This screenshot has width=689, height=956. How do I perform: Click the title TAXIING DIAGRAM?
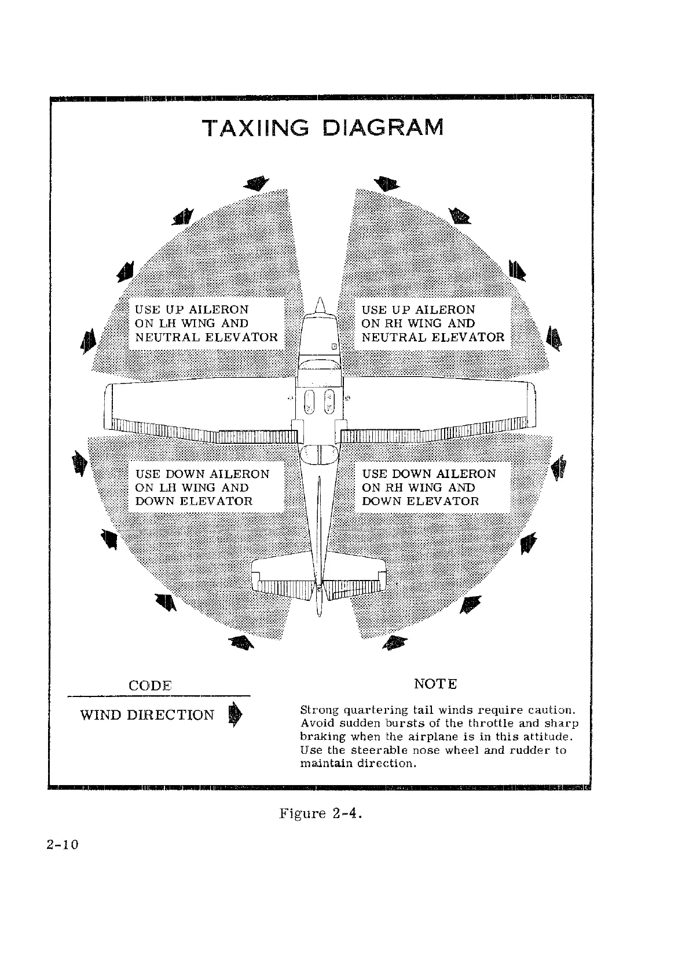(x=322, y=127)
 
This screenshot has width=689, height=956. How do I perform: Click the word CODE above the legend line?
(x=150, y=685)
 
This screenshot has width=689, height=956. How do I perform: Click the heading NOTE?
(x=436, y=684)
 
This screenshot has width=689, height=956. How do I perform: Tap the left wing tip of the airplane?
(x=108, y=406)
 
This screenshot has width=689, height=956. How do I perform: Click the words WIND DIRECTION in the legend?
(x=147, y=715)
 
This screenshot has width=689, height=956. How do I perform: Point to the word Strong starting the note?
(x=320, y=710)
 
